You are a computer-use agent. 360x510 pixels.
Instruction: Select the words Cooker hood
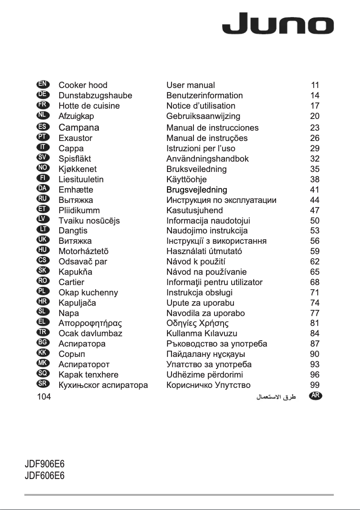click(83, 85)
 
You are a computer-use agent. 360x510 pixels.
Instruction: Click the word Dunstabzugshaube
click(95, 95)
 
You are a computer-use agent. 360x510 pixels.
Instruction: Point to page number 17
click(315, 106)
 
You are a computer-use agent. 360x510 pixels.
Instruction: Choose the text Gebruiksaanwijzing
click(203, 116)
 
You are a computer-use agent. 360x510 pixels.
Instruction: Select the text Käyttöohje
click(186, 180)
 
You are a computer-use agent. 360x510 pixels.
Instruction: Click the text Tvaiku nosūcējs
click(89, 220)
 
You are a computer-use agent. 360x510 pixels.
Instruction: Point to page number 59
click(315, 251)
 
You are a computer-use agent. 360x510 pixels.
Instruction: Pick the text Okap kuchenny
click(88, 293)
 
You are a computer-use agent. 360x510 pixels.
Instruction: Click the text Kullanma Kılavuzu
click(202, 334)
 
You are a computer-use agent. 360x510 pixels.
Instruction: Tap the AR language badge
click(317, 396)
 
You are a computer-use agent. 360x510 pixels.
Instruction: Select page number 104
click(44, 396)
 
